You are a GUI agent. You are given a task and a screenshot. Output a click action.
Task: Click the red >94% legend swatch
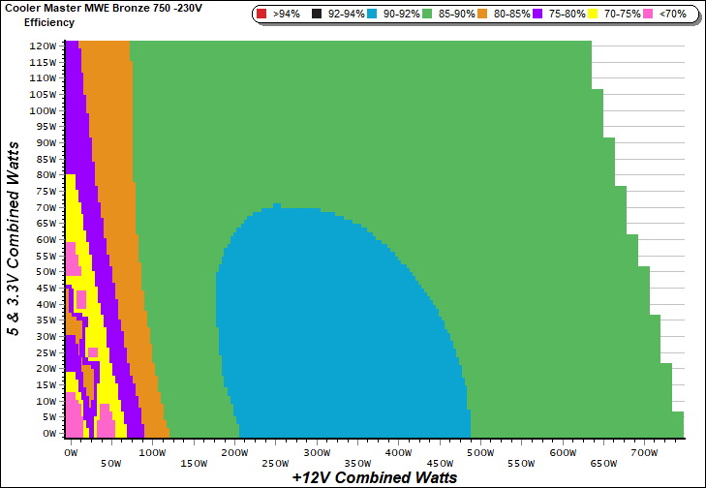click(x=261, y=15)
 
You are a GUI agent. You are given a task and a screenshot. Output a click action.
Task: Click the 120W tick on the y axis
click(x=42, y=46)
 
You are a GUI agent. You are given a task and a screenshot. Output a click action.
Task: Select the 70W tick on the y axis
click(x=45, y=207)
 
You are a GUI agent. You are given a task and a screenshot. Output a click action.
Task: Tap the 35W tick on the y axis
click(x=45, y=320)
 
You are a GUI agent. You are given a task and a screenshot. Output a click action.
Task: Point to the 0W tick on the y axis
click(x=48, y=434)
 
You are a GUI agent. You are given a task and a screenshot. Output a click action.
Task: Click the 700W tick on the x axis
click(x=643, y=453)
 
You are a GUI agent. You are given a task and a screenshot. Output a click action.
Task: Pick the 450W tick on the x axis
click(x=438, y=453)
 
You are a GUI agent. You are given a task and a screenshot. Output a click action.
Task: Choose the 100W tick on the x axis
click(x=151, y=453)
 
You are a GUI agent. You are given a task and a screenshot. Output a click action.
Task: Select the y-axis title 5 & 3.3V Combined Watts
click(x=13, y=237)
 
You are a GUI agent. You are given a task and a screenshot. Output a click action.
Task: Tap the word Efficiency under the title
click(x=48, y=21)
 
